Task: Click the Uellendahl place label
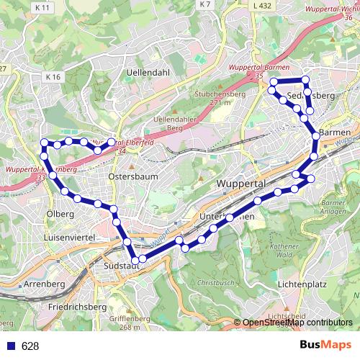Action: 148,73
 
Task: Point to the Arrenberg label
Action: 45,284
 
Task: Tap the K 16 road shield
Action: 53,76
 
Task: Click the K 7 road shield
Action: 205,5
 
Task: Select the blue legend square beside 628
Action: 9,346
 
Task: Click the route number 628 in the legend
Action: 30,346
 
